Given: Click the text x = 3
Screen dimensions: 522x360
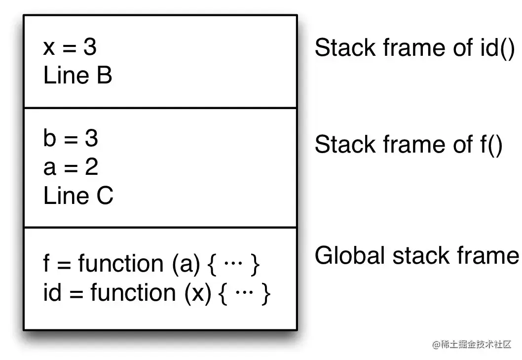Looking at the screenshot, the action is point(70,47).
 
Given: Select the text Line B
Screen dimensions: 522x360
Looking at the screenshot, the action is point(78,76).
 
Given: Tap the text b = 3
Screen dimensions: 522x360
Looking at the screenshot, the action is point(71,139).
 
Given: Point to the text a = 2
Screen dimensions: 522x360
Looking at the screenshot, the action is point(71,167).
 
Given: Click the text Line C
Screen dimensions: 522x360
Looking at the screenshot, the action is point(78,196).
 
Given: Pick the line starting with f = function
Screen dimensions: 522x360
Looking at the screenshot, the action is point(151,264).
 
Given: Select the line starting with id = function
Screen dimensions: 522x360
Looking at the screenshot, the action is point(157,293).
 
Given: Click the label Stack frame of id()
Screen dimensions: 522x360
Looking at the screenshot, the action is point(414,48).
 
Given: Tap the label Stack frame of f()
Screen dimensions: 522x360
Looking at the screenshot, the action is point(409,145).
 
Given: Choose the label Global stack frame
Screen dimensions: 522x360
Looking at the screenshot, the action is point(417,256).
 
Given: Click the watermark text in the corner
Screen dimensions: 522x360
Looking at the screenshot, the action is point(471,345).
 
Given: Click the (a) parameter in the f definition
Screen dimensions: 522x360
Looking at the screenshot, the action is point(186,264).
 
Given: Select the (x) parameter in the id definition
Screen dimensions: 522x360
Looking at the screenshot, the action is point(198,293).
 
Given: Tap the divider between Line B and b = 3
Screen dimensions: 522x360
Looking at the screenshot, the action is point(160,108).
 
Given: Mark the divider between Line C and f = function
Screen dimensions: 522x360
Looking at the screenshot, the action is point(160,228).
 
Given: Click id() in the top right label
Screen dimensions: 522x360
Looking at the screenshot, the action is point(497,48).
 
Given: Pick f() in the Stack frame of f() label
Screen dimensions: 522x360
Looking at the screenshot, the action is point(491,145).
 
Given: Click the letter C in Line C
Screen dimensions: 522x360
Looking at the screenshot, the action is point(105,196).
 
